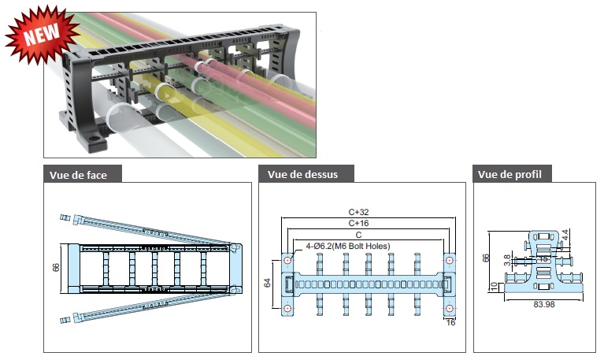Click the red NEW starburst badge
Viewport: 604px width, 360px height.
click(x=42, y=35)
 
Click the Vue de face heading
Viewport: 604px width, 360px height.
click(x=78, y=175)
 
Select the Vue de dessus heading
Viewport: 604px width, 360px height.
click(x=302, y=175)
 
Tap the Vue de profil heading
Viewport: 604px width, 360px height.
click(x=510, y=175)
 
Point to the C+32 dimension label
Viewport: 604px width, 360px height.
click(x=358, y=212)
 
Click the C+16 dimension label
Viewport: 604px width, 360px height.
click(x=358, y=223)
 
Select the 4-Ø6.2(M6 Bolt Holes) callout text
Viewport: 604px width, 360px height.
click(x=348, y=246)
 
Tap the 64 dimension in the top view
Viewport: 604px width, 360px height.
click(x=267, y=283)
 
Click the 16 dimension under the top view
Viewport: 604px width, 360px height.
click(x=450, y=322)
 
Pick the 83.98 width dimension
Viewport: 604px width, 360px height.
click(x=544, y=305)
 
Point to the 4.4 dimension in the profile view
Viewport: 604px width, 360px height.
click(x=565, y=235)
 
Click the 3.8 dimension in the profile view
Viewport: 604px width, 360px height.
click(x=507, y=260)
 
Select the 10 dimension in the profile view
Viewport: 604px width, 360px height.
click(x=495, y=287)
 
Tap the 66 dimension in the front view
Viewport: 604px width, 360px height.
click(x=56, y=268)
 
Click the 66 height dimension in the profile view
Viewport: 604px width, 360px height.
click(x=486, y=258)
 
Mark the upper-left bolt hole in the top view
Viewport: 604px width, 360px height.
click(x=287, y=261)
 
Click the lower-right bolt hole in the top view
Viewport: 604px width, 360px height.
click(x=449, y=308)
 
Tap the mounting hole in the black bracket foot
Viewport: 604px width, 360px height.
click(x=92, y=138)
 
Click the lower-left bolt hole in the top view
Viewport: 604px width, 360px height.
click(x=287, y=308)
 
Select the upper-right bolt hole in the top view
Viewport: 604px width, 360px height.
click(x=449, y=261)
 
